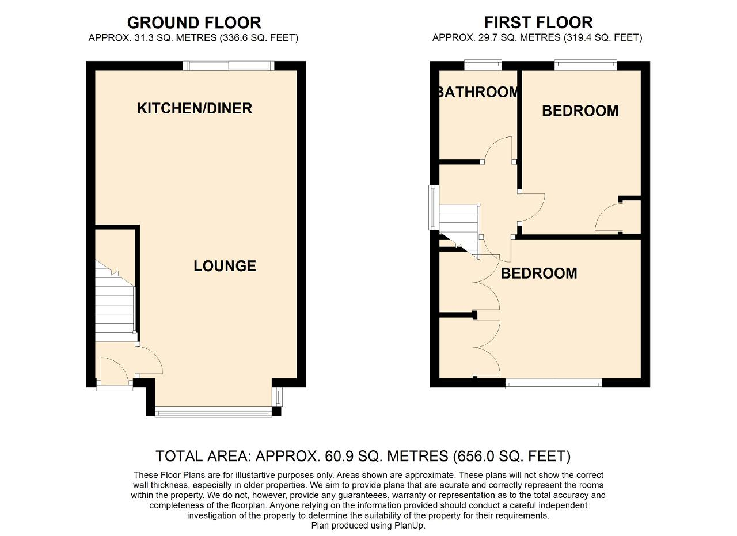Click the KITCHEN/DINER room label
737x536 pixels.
195,109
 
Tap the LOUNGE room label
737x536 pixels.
225,266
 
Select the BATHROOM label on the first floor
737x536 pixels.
479,92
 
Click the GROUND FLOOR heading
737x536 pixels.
194,23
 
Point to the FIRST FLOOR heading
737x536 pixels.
538,22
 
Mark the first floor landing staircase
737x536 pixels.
459,230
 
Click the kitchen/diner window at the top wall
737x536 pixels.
229,66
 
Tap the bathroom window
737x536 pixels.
483,65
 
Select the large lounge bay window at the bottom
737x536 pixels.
214,412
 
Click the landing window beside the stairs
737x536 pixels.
434,208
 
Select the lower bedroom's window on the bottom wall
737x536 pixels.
553,383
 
